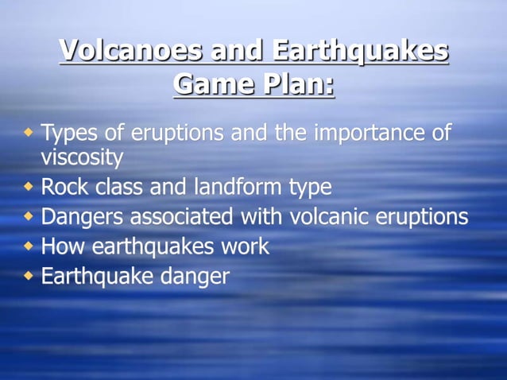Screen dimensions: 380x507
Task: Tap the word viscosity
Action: pos(82,157)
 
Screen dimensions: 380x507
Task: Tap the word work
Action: pos(241,246)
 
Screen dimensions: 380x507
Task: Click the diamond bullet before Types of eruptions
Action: pos(29,129)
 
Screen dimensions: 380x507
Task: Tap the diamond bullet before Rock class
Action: pos(29,188)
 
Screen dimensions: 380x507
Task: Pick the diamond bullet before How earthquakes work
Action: pos(29,246)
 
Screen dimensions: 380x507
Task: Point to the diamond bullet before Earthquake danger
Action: pos(29,276)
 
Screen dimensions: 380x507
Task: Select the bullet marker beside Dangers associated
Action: pos(29,216)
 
